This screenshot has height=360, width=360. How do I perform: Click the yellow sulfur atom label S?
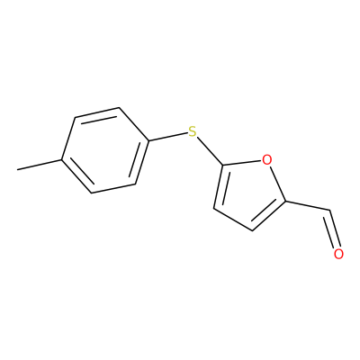(x=192, y=131)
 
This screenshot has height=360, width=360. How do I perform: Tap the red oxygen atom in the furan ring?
(x=266, y=159)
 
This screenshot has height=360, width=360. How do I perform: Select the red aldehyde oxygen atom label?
(x=338, y=254)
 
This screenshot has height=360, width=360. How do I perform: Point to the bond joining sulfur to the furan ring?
(x=210, y=151)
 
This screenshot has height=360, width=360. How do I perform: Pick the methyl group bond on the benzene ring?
(x=40, y=165)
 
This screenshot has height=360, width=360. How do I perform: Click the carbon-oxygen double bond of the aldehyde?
(x=332, y=229)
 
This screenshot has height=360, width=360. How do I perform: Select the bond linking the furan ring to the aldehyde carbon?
(x=307, y=206)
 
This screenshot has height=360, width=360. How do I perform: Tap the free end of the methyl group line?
(x=17, y=170)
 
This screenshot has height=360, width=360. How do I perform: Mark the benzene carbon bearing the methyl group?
(x=62, y=160)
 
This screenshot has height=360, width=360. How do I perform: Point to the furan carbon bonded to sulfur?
(x=223, y=165)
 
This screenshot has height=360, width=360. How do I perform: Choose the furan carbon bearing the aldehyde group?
(x=285, y=202)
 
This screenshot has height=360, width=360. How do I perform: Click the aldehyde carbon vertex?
(x=329, y=211)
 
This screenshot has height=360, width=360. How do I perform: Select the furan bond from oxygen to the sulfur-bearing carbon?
(x=242, y=162)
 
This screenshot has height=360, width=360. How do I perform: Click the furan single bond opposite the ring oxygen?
(x=233, y=220)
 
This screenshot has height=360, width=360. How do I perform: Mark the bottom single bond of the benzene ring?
(x=113, y=188)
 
